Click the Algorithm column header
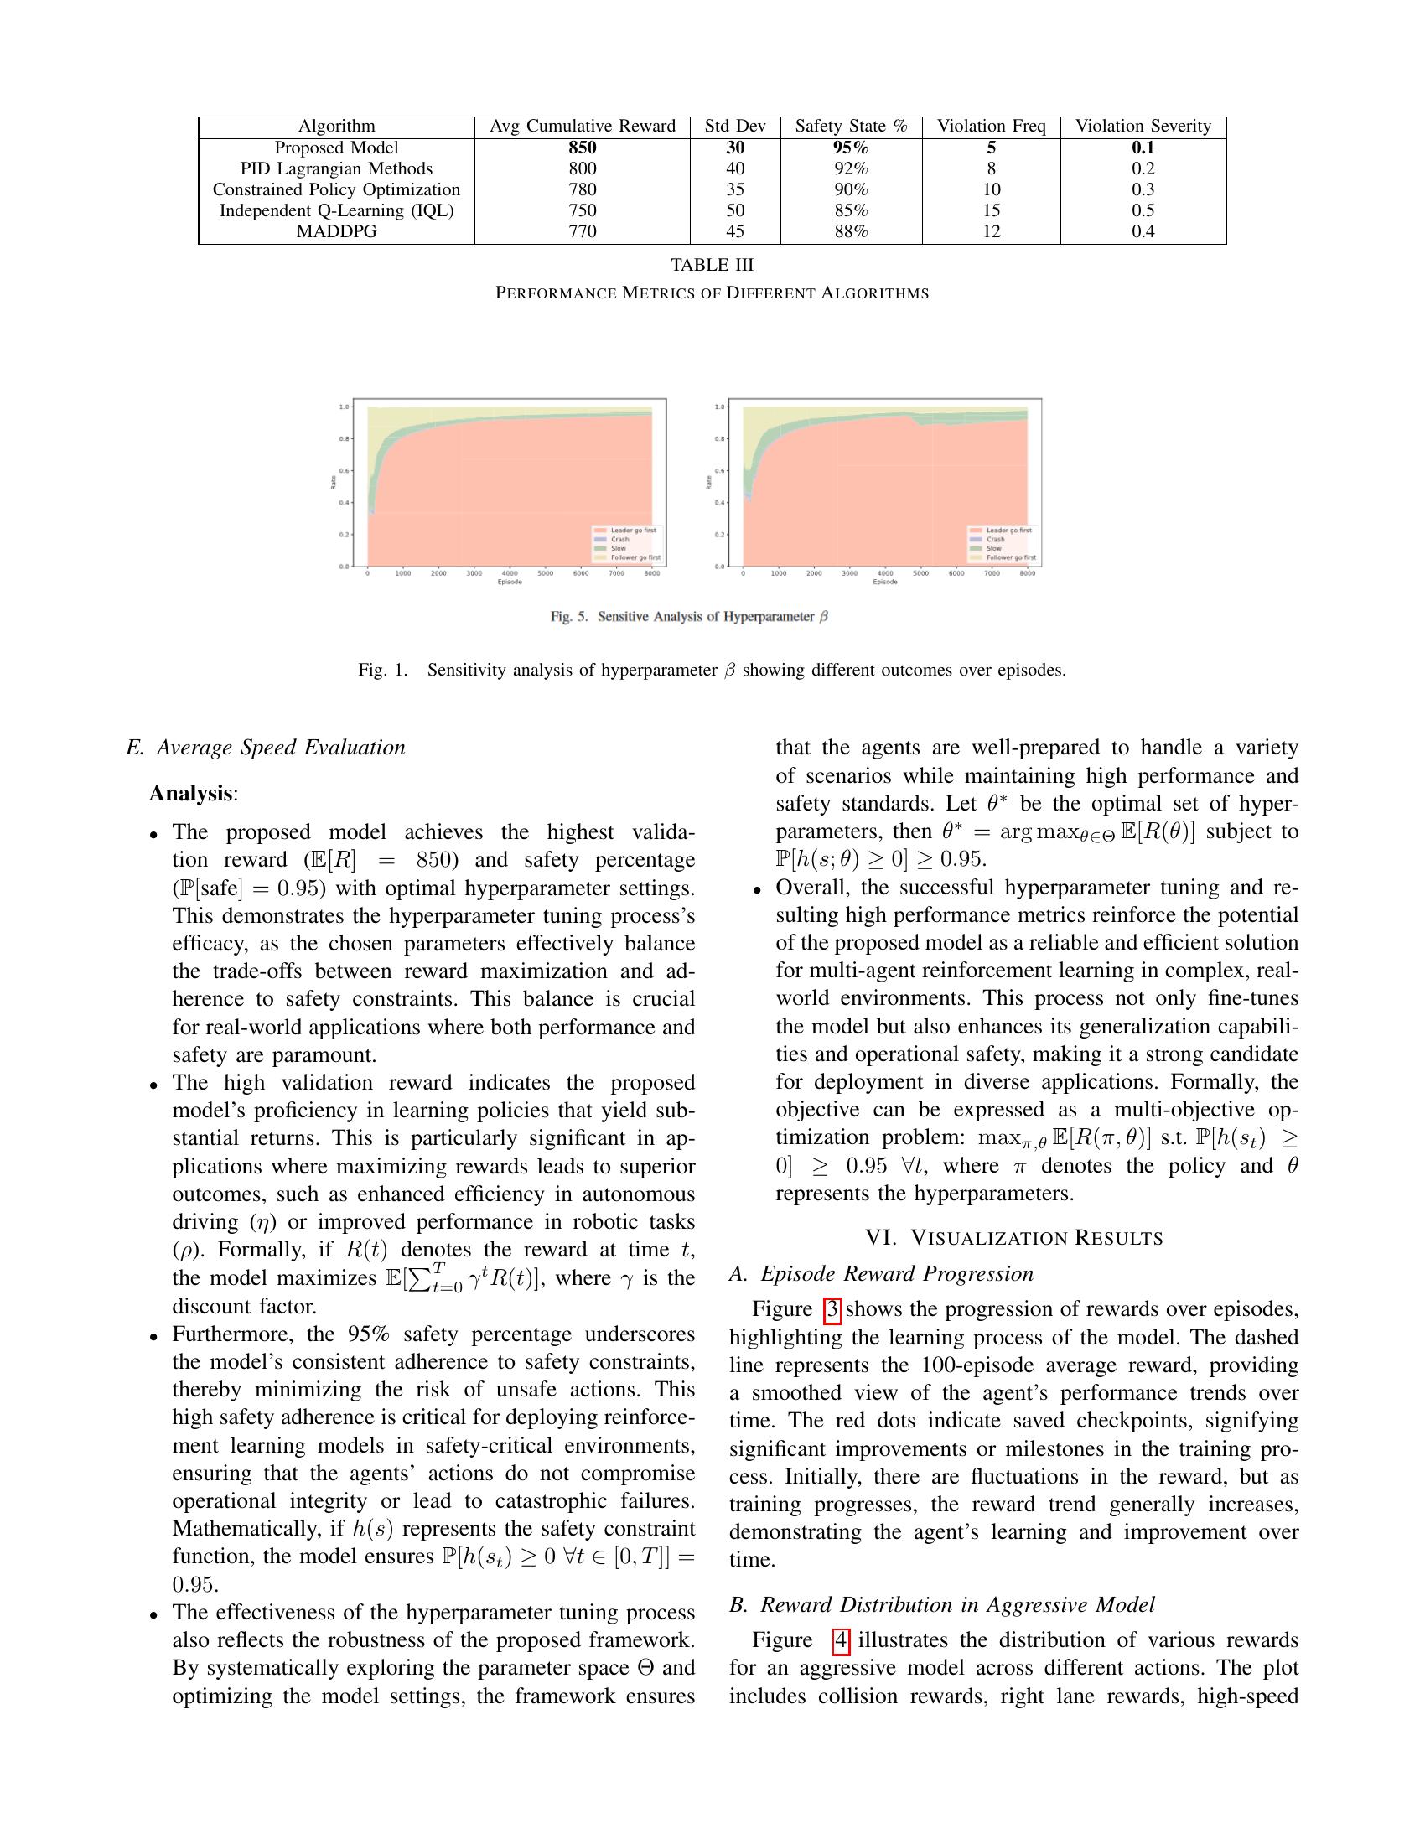point(336,127)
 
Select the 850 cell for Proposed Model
point(583,148)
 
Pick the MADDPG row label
point(336,231)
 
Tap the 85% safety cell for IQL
point(850,210)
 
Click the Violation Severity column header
point(1143,127)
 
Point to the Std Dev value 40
point(734,168)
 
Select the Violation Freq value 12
point(991,231)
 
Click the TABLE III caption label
point(712,265)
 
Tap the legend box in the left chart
point(626,545)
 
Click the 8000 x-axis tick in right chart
point(1027,573)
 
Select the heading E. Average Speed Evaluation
point(265,748)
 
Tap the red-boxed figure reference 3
point(832,1309)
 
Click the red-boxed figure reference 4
point(841,1640)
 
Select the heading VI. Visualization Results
point(1013,1239)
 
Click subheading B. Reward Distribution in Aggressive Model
point(941,1605)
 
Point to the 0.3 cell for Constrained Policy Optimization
point(1143,190)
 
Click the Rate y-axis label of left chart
point(333,483)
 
